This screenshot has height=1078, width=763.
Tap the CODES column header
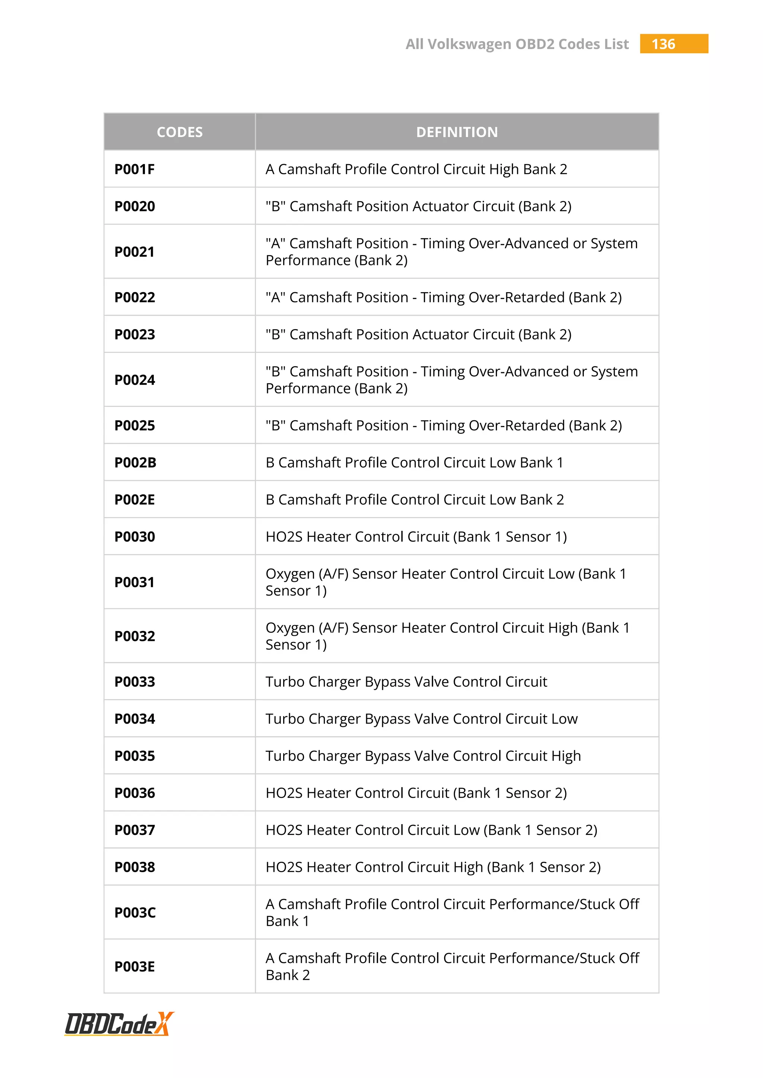[x=180, y=132]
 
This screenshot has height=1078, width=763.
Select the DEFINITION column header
[x=457, y=132]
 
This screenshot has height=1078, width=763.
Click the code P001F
[x=134, y=169]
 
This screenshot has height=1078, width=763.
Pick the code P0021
[x=134, y=252]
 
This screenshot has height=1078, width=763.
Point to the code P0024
[x=134, y=380]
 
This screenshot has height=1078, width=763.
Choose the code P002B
[x=135, y=462]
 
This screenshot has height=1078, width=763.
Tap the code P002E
[x=134, y=500]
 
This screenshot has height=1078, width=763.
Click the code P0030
[x=134, y=537]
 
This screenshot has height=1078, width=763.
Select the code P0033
[x=134, y=682]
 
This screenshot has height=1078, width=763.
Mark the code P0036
[x=134, y=793]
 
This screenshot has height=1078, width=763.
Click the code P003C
[x=135, y=913]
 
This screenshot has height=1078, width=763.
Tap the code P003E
[x=134, y=967]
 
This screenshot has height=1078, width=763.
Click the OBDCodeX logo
[x=119, y=1024]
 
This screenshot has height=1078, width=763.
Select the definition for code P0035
[x=423, y=756]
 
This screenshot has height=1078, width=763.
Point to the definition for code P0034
[x=421, y=719]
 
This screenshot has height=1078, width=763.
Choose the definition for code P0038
[x=433, y=867]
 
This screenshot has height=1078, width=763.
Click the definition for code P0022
[x=443, y=297]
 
